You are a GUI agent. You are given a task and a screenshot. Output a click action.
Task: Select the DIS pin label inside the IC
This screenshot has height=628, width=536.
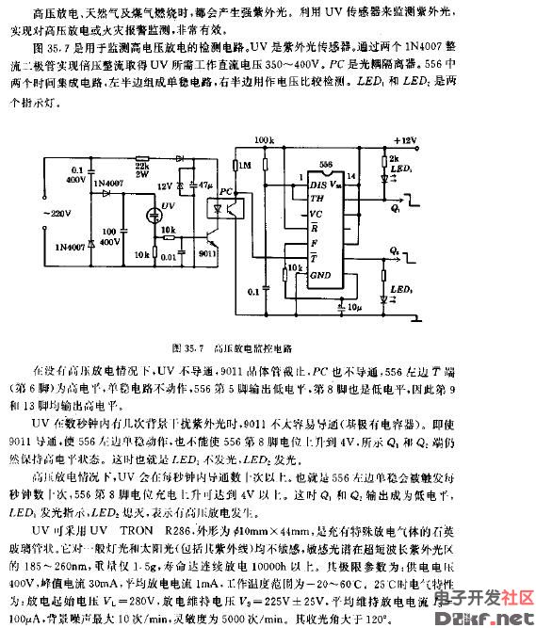click(319, 184)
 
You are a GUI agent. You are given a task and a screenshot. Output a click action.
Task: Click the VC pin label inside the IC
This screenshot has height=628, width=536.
click(317, 213)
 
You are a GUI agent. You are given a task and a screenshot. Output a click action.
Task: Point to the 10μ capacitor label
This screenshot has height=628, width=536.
click(354, 307)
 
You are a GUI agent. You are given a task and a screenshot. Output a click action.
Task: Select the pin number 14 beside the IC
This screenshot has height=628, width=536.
click(352, 177)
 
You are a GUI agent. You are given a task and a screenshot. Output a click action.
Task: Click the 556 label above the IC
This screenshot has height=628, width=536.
click(326, 164)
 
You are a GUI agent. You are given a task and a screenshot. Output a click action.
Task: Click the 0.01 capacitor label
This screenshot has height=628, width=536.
click(168, 254)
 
